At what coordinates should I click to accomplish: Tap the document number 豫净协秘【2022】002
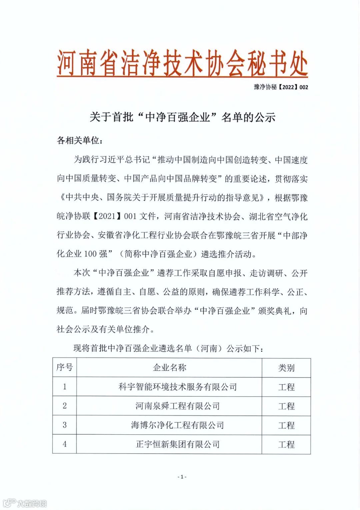click(281, 87)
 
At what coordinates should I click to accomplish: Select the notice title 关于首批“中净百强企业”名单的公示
click(182, 117)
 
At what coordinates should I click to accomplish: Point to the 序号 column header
click(65, 367)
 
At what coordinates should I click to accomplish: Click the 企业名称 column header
click(169, 367)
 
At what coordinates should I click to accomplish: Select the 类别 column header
click(286, 368)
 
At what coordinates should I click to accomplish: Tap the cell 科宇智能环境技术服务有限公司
click(178, 387)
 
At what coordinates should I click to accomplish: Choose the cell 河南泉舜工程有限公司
click(178, 406)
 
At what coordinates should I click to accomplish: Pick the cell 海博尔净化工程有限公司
click(178, 425)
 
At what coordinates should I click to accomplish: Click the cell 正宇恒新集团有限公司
click(178, 444)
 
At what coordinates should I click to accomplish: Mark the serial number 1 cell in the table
click(65, 387)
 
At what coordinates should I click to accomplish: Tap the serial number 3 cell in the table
click(65, 425)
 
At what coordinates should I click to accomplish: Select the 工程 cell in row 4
click(286, 444)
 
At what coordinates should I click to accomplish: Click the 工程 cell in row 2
click(286, 406)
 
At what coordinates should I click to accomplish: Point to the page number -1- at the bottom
click(182, 477)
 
